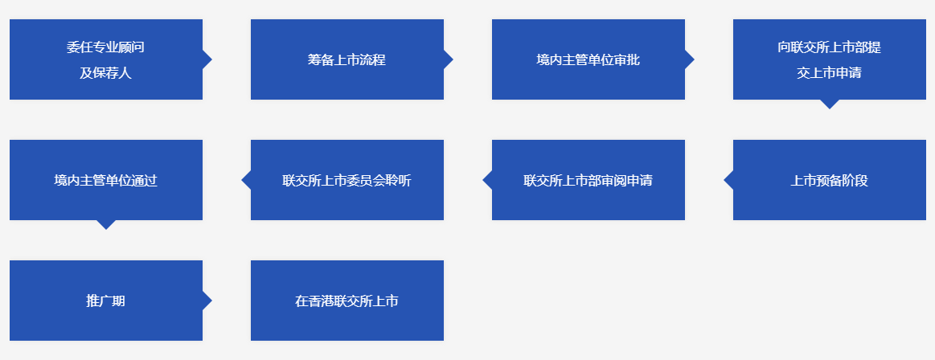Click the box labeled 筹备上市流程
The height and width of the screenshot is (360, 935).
point(347,59)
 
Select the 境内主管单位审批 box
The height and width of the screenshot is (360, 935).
point(588,59)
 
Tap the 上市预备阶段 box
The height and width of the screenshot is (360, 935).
point(830,180)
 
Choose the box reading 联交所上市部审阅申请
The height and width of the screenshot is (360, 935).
point(588,180)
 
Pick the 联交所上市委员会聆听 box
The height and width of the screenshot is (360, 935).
point(347,180)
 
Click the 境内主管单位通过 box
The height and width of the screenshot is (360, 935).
point(106,180)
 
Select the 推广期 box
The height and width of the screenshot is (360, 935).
point(106,301)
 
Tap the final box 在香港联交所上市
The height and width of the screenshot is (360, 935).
point(347,301)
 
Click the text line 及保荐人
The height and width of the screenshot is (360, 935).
point(105,72)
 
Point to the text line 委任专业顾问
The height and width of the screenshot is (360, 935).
point(105,47)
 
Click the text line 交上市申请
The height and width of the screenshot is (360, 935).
point(829,72)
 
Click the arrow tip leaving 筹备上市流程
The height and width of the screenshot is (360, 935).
point(453,59)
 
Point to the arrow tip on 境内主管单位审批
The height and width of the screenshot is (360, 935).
point(694,59)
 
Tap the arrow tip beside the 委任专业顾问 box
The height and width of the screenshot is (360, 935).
point(211,59)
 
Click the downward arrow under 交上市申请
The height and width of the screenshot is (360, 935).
point(830,104)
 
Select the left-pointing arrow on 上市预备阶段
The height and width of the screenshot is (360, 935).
point(728,180)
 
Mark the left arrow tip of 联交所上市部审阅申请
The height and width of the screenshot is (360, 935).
point(483,180)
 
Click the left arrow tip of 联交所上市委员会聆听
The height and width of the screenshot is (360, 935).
point(242,180)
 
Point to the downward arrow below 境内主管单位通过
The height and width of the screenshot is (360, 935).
point(106,225)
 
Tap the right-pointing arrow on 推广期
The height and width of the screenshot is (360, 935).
point(207,301)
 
